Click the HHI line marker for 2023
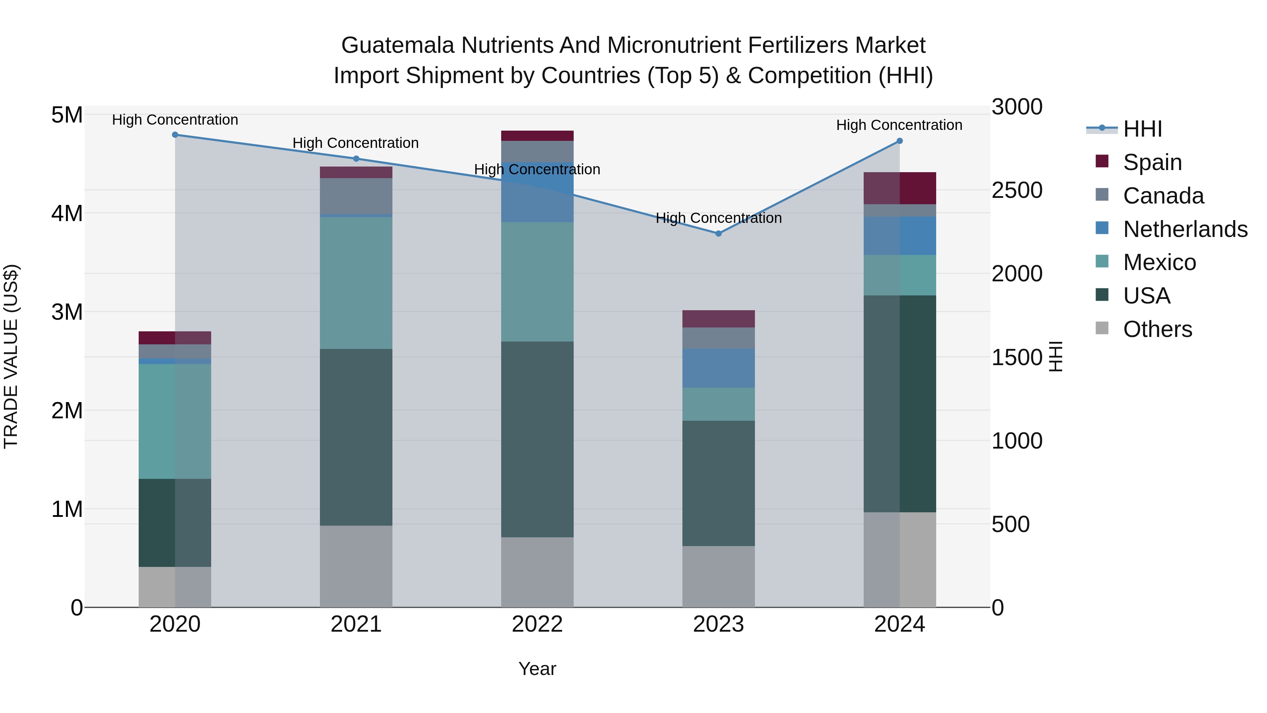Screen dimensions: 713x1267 pyautogui.click(x=718, y=234)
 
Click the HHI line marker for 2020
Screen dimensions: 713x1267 pyautogui.click(x=175, y=135)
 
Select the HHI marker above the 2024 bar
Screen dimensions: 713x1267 pyautogui.click(x=900, y=141)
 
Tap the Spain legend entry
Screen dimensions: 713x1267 pyautogui.click(x=1152, y=162)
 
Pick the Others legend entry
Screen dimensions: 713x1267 pyautogui.click(x=1157, y=329)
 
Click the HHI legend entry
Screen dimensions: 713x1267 pyautogui.click(x=1142, y=129)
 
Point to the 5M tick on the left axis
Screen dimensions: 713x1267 pyautogui.click(x=67, y=115)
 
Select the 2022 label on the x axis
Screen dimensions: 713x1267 pyautogui.click(x=537, y=624)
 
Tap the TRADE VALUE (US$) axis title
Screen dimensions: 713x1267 pyautogui.click(x=11, y=356)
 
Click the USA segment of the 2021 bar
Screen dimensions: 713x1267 pyautogui.click(x=356, y=437)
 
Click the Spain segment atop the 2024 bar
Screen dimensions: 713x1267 pyautogui.click(x=900, y=188)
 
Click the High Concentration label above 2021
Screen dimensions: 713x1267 pyautogui.click(x=355, y=143)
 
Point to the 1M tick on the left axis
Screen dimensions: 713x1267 pyautogui.click(x=67, y=509)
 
